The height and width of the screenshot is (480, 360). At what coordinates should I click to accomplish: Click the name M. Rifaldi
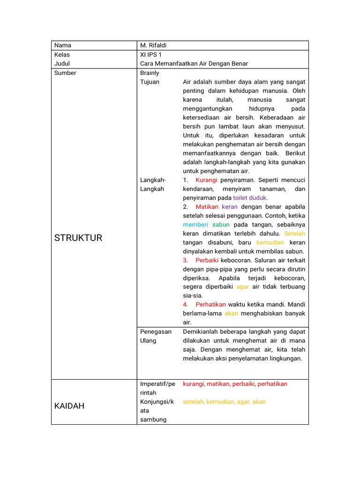click(x=153, y=45)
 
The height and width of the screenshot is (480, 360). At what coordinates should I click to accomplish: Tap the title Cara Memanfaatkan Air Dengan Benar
click(x=194, y=64)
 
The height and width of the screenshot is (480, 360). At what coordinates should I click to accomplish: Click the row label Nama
click(x=63, y=45)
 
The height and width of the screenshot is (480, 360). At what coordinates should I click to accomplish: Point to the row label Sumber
click(x=65, y=73)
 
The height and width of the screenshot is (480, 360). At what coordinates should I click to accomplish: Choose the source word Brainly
click(x=150, y=73)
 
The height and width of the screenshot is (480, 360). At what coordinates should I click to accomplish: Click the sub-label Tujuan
click(x=150, y=82)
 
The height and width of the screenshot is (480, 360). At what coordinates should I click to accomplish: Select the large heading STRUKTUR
click(x=78, y=238)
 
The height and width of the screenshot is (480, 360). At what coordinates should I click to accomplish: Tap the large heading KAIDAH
click(x=69, y=406)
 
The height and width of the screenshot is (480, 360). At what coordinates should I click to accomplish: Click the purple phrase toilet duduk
click(x=250, y=198)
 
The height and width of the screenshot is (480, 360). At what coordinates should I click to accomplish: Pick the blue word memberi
click(x=195, y=225)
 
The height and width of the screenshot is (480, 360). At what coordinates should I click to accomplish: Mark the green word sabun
click(x=221, y=225)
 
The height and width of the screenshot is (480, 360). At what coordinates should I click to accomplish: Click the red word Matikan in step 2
click(x=207, y=207)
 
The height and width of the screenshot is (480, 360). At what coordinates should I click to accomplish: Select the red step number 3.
click(x=186, y=260)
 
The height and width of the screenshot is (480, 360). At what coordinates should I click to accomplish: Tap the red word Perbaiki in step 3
click(x=206, y=260)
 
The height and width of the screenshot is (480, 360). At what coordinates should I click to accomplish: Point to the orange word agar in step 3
click(x=242, y=287)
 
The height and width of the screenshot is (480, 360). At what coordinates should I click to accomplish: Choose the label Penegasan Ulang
click(x=156, y=336)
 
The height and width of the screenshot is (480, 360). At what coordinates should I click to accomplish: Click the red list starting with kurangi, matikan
click(x=235, y=384)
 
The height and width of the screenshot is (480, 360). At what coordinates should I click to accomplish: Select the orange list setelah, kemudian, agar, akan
click(x=224, y=402)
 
